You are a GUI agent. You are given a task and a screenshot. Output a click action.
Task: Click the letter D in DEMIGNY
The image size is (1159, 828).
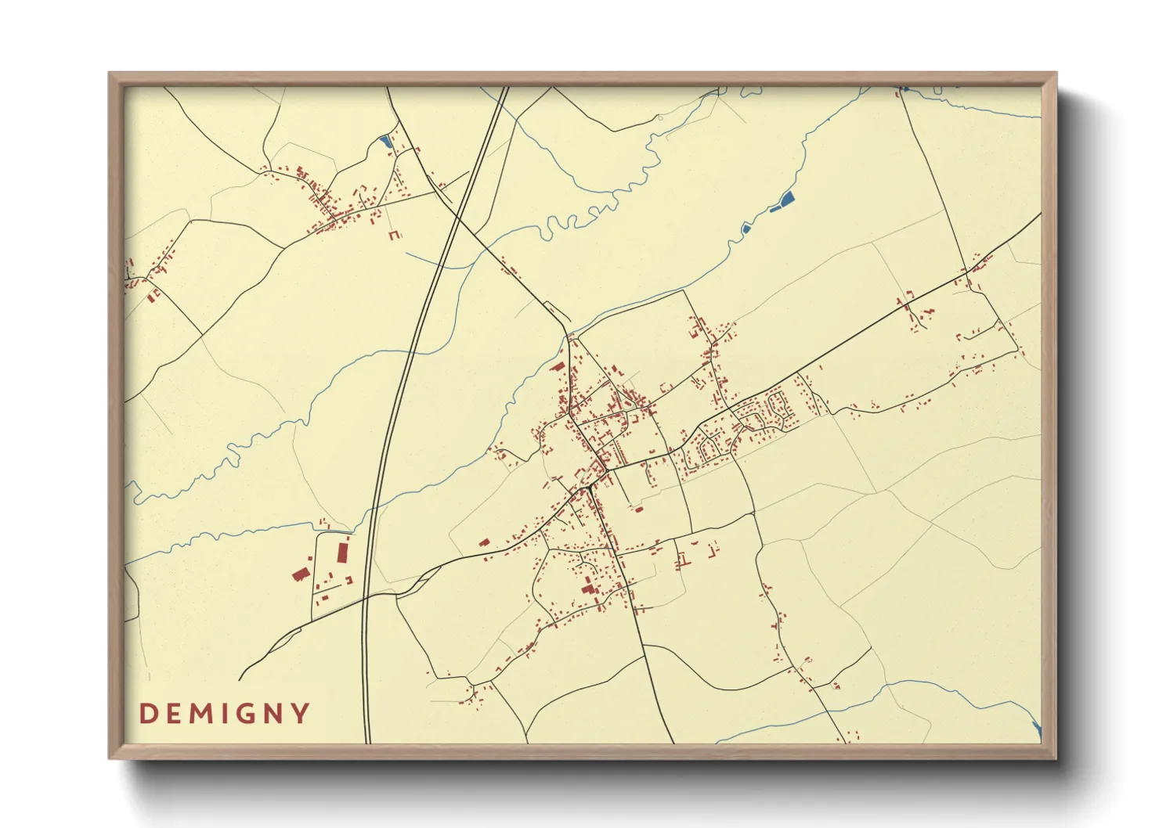coord(146,714)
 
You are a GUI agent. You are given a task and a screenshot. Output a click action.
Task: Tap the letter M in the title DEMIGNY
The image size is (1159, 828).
coord(199,714)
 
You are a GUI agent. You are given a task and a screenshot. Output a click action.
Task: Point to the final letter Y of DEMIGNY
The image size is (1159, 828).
coord(300,714)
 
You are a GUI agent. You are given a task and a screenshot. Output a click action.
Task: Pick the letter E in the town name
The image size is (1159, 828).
coord(172,714)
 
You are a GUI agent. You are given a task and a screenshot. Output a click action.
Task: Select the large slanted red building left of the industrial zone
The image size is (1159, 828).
coord(300,574)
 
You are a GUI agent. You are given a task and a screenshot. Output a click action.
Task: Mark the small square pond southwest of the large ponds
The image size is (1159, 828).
coord(746,229)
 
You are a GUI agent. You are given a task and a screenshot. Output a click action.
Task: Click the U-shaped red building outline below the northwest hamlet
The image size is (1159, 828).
coord(394,234)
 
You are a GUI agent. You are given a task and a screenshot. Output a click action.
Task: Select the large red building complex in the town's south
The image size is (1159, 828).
coord(589,587)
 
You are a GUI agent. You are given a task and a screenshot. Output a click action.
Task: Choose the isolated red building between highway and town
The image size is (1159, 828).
coord(484,542)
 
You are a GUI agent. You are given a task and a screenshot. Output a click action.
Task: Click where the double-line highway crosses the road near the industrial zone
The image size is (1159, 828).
coord(365,596)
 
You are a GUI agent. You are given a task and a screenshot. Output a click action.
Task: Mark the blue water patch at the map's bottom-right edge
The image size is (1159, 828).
coord(1037,729)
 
